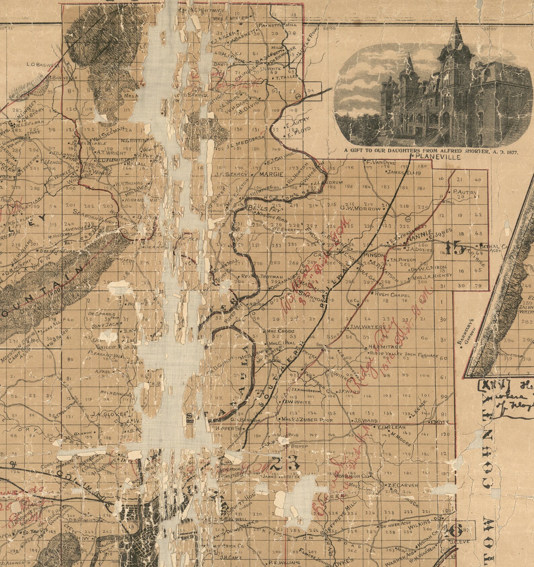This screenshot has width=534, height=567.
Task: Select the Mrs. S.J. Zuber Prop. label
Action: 307,420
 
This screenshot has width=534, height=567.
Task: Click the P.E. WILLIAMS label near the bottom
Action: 284,563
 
